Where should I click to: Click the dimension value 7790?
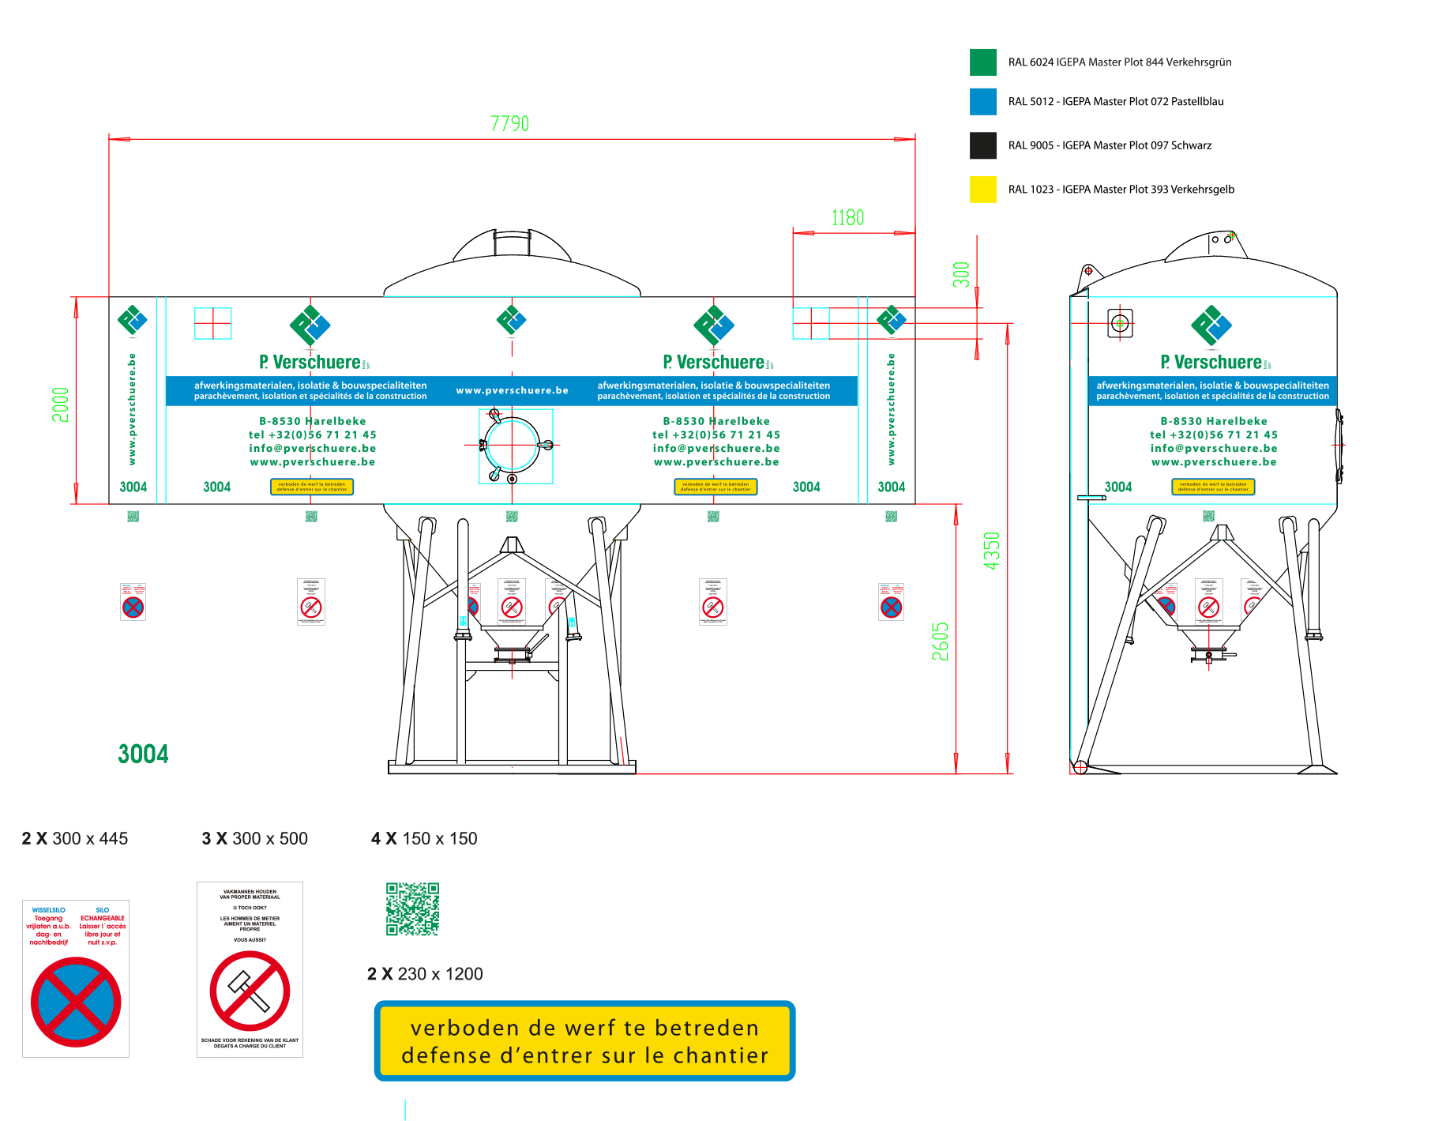coord(509,124)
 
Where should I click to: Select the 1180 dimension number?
coord(847,218)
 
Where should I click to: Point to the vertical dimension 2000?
coord(61,404)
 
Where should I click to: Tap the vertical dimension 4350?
coord(992,551)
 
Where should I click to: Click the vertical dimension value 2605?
coord(940,641)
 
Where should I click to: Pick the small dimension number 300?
coord(961,274)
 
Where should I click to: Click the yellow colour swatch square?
coord(983,190)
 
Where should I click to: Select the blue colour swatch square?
coord(983,102)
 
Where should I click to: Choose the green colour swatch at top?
coord(983,62)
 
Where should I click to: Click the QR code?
coord(412,909)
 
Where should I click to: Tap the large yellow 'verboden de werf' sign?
coord(584,1041)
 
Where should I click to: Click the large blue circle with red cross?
coord(76,1002)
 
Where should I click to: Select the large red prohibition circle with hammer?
coord(250,991)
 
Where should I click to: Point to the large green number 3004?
coord(143,754)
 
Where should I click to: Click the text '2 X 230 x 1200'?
coord(425,974)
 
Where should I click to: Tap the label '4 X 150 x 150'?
coord(424,839)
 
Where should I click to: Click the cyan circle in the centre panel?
coord(512,446)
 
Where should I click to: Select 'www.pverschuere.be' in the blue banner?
coord(512,390)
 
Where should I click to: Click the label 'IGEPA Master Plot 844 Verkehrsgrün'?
coord(1143,62)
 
